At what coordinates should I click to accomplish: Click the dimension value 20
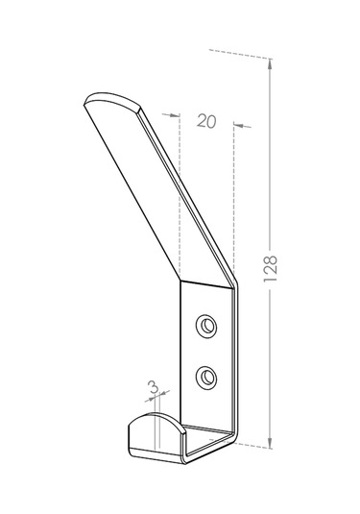point(204,121)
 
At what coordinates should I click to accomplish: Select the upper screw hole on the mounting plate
point(206,328)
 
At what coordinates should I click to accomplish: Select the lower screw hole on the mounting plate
point(206,379)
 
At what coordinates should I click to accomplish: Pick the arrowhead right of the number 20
point(238,123)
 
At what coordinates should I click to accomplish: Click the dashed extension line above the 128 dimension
point(240,55)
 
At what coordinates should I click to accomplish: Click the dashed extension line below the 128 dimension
point(252,445)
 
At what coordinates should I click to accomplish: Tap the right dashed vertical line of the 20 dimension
point(234,202)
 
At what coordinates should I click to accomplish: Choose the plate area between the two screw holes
point(206,353)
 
